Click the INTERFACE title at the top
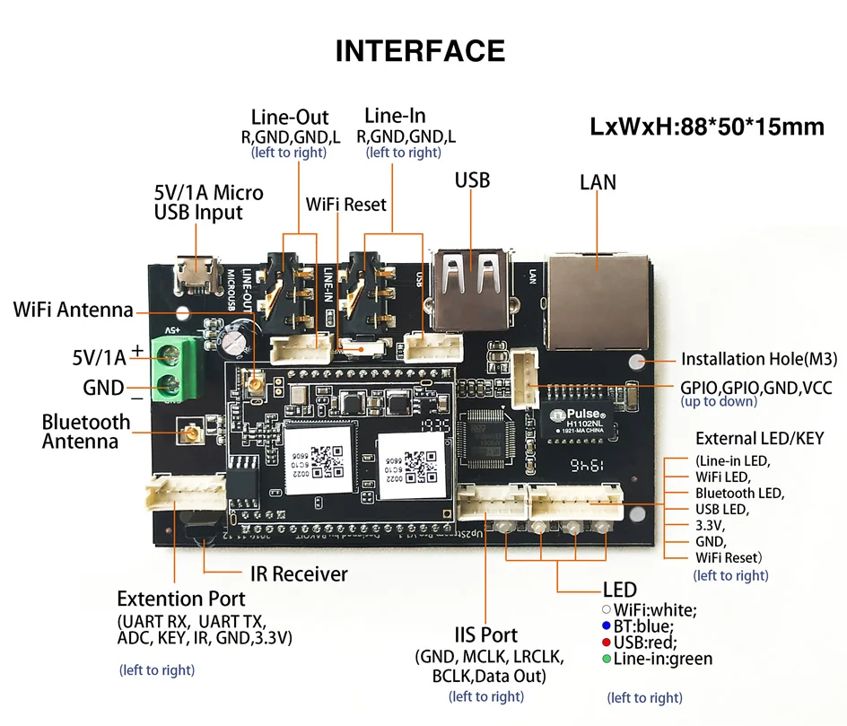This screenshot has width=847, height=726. click(420, 51)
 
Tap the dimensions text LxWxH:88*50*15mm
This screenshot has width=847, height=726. click(707, 127)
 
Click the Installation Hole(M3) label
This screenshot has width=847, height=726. click(758, 360)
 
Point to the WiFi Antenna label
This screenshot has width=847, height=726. click(73, 311)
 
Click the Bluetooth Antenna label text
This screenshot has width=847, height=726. click(85, 432)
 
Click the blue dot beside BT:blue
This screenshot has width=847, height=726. click(607, 626)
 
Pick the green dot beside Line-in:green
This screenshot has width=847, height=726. click(607, 660)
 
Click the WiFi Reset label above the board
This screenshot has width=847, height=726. click(345, 205)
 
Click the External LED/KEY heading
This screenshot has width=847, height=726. click(759, 439)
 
